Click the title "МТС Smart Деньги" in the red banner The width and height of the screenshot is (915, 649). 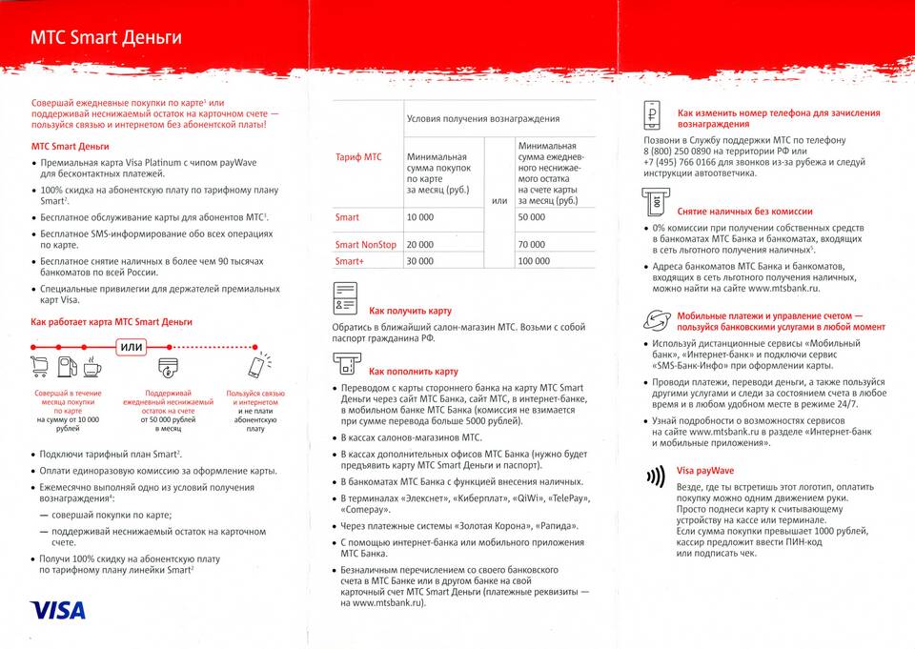106,38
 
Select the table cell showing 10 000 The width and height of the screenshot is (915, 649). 420,218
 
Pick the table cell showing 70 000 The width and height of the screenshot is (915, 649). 532,245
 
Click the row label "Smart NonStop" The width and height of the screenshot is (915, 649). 365,245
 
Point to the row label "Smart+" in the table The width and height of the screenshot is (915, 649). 350,261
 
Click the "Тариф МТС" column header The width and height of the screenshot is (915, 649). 358,157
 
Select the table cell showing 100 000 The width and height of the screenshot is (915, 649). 535,261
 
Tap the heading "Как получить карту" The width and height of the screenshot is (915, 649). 410,311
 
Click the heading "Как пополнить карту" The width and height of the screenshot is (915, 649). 414,371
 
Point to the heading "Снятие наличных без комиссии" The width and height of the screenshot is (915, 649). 744,211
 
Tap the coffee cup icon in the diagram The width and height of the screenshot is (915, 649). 93,366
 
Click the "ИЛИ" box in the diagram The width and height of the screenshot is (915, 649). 132,347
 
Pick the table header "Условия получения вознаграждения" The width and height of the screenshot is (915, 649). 482,118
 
